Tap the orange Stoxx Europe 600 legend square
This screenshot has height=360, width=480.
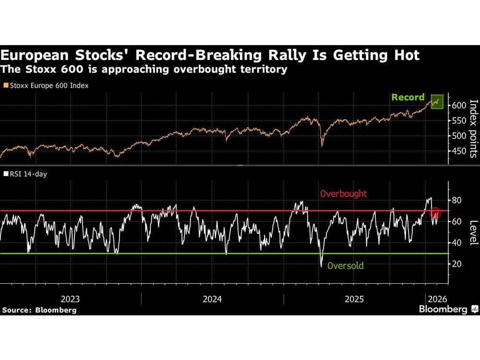point(5,85)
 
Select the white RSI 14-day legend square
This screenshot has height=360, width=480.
point(5,174)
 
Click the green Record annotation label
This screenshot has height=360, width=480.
point(408,97)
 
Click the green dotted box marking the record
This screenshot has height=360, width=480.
point(436,101)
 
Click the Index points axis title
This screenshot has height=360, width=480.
point(473,128)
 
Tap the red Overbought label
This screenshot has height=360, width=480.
point(343,194)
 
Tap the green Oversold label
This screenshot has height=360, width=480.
point(346,265)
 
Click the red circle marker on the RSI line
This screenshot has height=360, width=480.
point(436,213)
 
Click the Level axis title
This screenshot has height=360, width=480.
point(473,232)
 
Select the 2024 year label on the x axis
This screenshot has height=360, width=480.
point(212,299)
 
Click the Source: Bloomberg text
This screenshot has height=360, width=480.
point(39,310)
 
